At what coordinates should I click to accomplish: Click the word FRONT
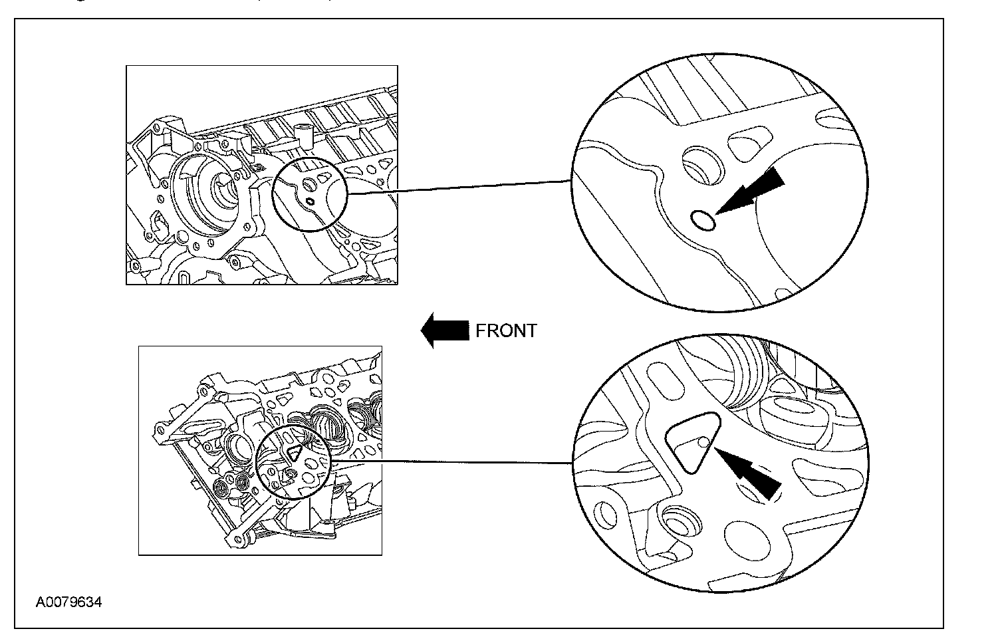point(506,331)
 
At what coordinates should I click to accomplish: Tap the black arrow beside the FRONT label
point(445,330)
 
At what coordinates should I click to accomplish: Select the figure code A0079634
point(69,603)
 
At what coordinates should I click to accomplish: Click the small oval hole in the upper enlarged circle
point(703,219)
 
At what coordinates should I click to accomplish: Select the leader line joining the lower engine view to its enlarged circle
point(452,461)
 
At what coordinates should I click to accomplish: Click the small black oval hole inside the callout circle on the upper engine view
point(309,200)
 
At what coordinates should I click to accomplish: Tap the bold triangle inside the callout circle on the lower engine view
point(293,453)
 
